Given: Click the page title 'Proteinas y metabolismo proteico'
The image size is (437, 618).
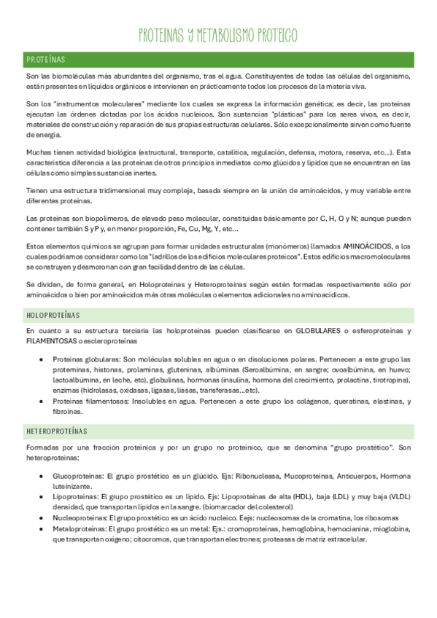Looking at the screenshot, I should [218, 36].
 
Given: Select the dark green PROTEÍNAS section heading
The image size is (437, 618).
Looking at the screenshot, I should [46, 59].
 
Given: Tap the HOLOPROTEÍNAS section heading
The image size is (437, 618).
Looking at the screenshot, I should [53, 315].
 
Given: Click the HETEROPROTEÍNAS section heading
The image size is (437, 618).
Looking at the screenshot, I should [56, 431].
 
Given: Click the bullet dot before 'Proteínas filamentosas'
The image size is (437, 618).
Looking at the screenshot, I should [45, 401].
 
